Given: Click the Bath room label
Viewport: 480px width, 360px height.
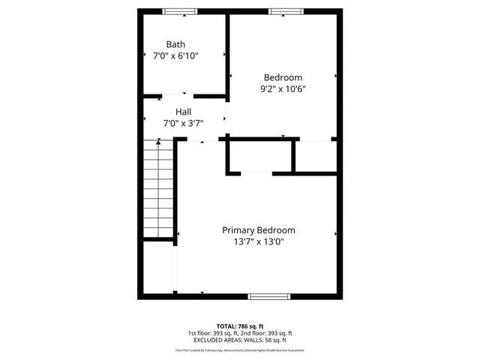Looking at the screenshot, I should tap(175, 44).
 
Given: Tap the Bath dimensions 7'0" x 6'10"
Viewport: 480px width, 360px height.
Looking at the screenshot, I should tap(175, 55).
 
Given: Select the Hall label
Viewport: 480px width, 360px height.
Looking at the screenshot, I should tap(183, 112).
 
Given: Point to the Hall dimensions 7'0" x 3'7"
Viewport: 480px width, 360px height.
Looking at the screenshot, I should tap(183, 123).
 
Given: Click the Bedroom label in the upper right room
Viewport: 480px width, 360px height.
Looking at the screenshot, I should tap(283, 77).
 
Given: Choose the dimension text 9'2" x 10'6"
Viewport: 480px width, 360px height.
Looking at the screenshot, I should tap(283, 88).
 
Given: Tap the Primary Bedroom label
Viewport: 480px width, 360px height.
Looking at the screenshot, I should tap(258, 230).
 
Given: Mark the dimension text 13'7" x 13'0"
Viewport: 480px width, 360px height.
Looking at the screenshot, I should tap(258, 241).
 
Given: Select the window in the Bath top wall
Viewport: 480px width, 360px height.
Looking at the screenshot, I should tap(180, 11).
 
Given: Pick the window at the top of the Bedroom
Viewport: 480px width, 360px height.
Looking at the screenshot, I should tap(286, 11).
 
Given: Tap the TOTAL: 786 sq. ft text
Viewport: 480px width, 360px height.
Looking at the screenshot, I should tap(240, 326).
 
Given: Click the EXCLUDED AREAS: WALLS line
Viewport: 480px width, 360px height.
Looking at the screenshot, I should tap(240, 340).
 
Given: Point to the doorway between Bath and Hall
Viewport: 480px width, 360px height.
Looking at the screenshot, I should tap(178, 95).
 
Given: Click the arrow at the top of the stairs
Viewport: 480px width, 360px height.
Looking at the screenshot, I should tap(158, 142).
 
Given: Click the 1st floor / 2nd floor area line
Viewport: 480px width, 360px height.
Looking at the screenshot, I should tap(240, 333).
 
